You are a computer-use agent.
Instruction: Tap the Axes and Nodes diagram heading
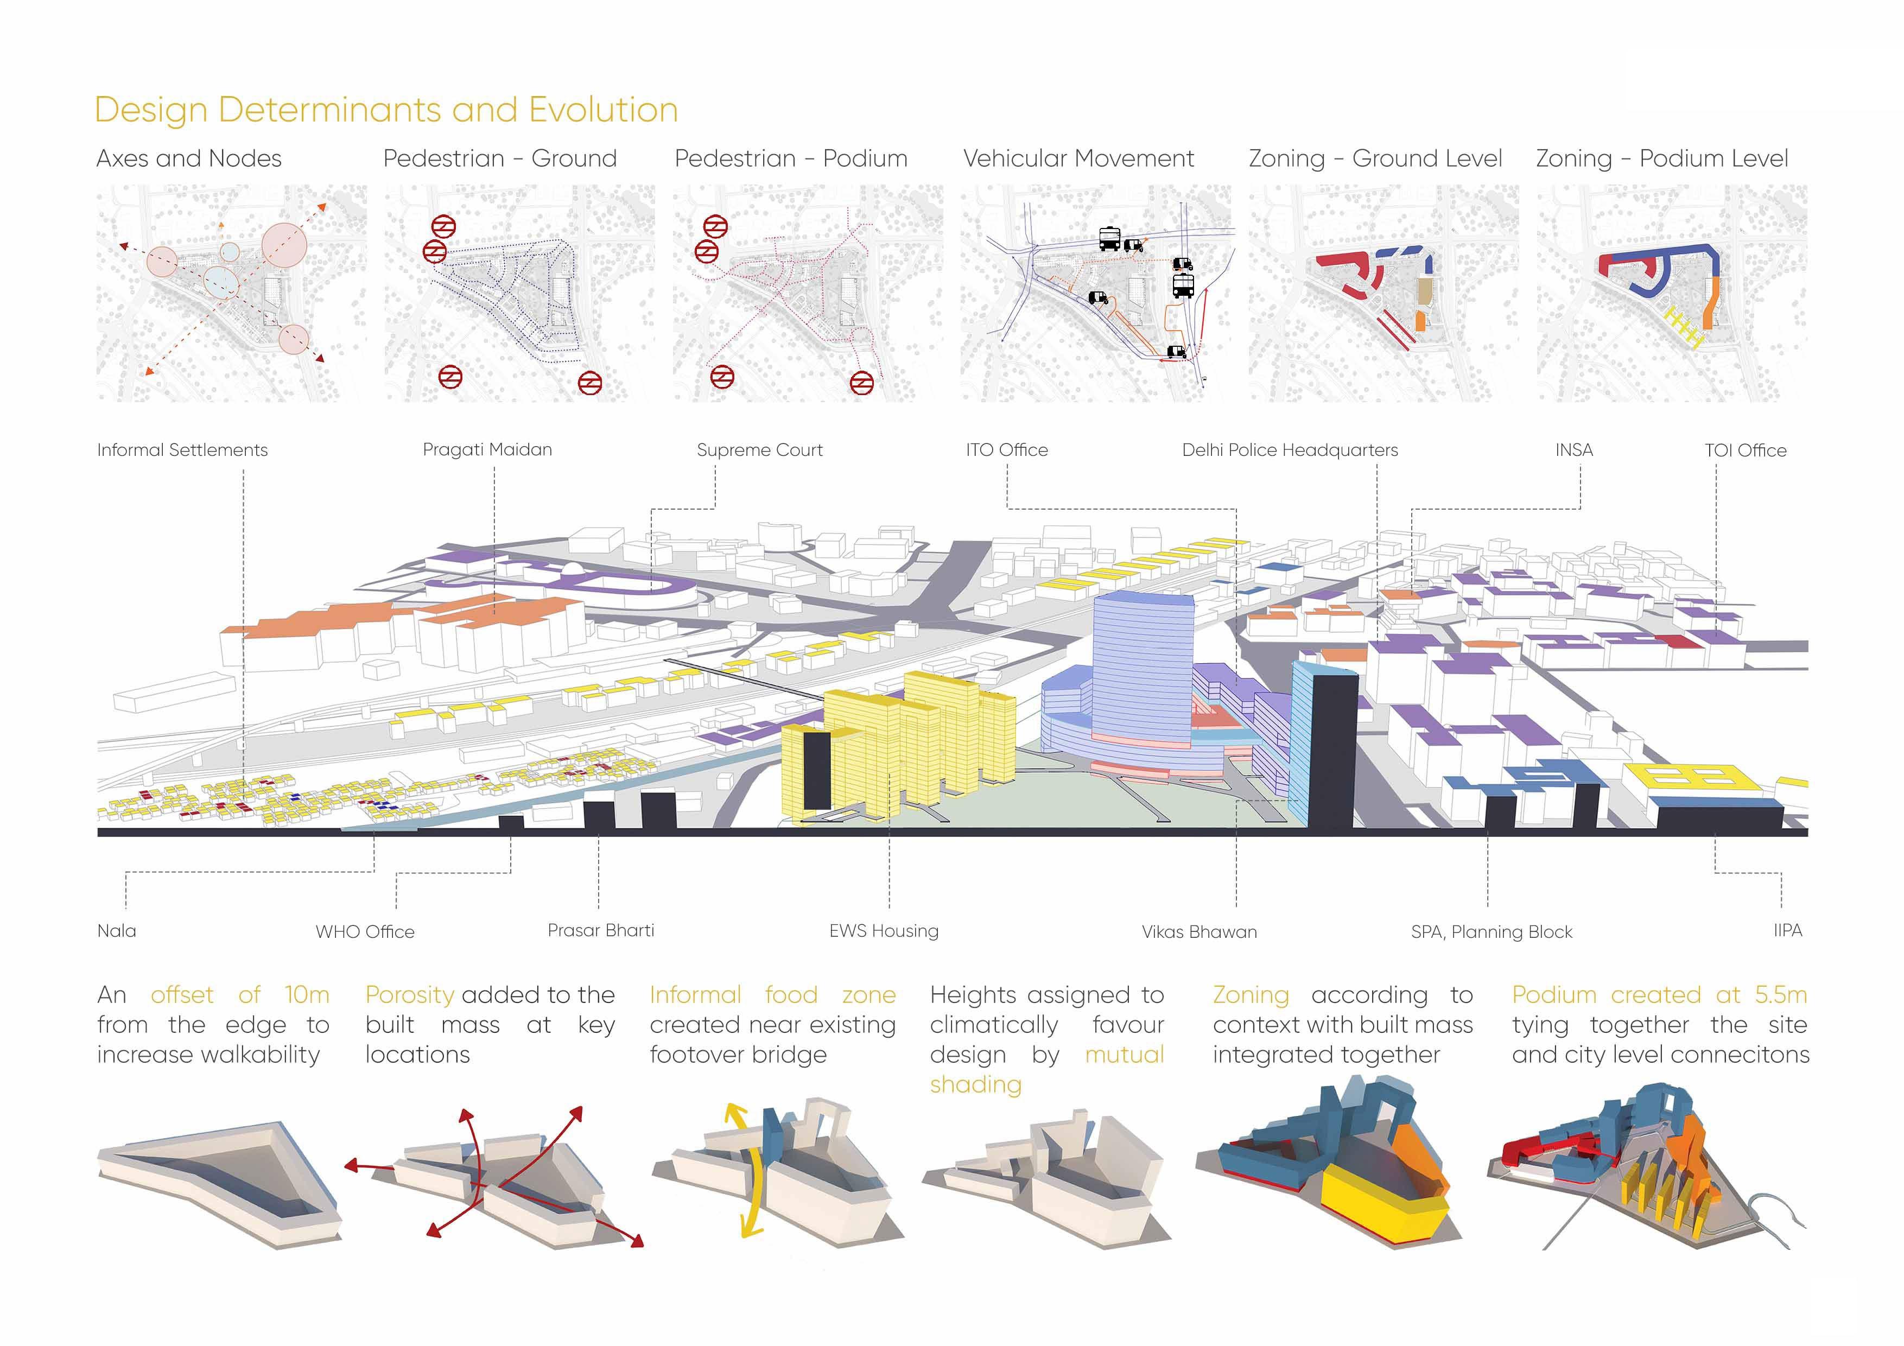click(x=189, y=158)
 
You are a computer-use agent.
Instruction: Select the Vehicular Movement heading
click(x=1078, y=158)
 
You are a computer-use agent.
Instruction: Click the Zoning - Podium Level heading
click(x=1662, y=158)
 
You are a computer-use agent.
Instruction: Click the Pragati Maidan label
click(x=487, y=449)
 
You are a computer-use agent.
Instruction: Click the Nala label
click(x=117, y=930)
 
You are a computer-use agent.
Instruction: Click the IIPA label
click(x=1787, y=930)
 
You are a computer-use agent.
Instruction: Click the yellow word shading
click(x=975, y=1085)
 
